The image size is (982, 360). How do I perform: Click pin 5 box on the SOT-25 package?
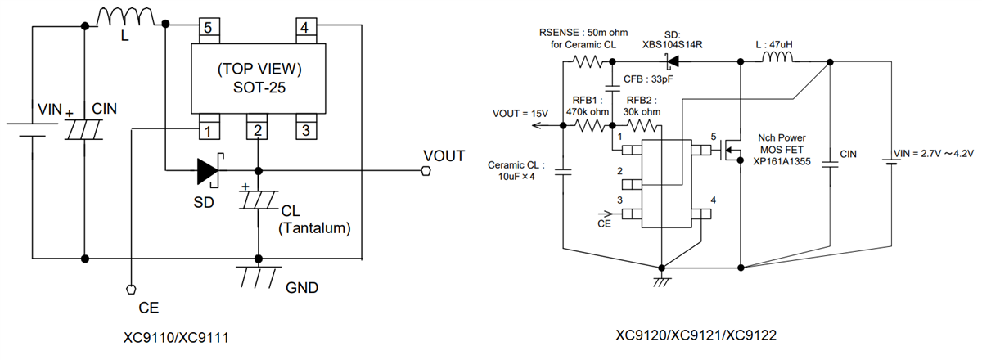[209, 28]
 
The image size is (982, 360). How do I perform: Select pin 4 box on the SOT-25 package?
[304, 28]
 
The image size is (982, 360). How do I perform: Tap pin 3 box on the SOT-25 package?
[304, 129]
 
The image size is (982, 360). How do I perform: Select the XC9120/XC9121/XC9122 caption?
[696, 335]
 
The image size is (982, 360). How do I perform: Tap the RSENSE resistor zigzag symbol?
[587, 61]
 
